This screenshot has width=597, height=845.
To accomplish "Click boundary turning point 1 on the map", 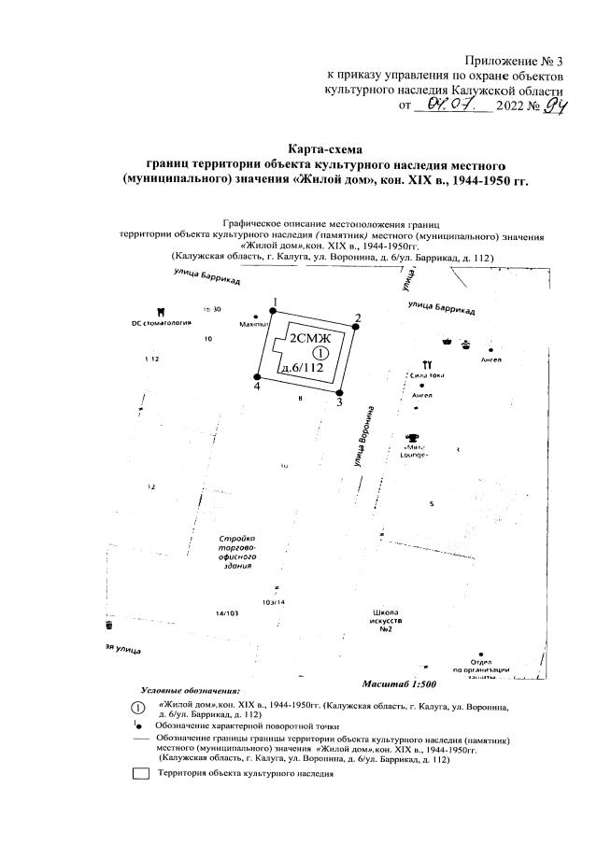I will [x=274, y=311].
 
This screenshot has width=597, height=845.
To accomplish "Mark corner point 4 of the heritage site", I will [x=257, y=375].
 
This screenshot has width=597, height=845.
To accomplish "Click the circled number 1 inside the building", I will [x=319, y=354].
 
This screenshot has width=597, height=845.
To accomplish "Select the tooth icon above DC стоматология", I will [x=162, y=310].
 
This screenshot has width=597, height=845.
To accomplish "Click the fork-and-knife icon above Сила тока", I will [x=426, y=363].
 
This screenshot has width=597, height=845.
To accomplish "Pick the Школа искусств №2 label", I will [x=386, y=620].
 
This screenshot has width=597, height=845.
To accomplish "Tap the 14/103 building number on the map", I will [x=227, y=613].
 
